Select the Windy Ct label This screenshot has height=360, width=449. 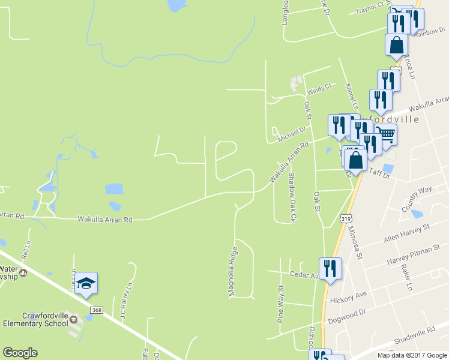(319, 90)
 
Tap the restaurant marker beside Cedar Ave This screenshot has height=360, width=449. (330, 269)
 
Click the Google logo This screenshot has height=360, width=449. (20, 353)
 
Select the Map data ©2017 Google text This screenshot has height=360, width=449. (412, 355)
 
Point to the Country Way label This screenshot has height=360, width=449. (417, 199)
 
